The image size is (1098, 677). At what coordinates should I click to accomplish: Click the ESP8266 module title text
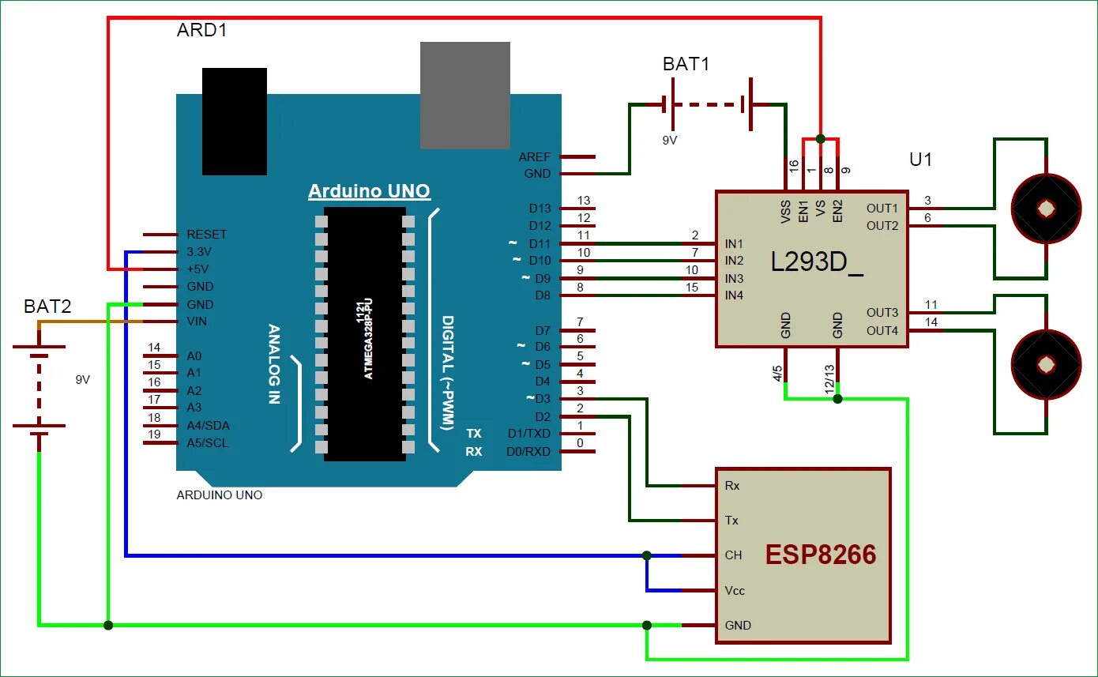tap(821, 555)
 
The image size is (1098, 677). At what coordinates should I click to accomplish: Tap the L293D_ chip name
tap(817, 262)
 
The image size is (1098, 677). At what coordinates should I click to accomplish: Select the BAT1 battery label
tap(686, 64)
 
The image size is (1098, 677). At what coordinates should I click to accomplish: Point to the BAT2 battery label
tap(47, 307)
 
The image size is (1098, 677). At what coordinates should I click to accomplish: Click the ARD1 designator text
tap(203, 31)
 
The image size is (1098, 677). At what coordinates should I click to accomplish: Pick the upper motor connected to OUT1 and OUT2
tap(1046, 209)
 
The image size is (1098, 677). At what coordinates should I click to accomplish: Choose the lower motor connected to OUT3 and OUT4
tap(1046, 364)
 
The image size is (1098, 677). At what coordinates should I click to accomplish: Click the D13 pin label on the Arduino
tap(540, 209)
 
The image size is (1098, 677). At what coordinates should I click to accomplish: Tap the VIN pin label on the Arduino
tap(198, 322)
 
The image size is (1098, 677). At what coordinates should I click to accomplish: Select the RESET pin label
tap(206, 235)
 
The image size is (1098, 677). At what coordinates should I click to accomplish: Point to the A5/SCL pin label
tap(207, 443)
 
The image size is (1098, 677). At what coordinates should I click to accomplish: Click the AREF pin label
tap(535, 157)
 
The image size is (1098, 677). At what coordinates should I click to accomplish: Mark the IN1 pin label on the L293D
tap(734, 244)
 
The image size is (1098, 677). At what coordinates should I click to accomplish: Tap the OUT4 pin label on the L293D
tap(882, 330)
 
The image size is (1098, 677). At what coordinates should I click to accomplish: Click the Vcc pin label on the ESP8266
tap(735, 590)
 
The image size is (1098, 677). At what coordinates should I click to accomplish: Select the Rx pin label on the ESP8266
tap(732, 486)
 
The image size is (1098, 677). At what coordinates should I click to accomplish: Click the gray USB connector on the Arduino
tap(464, 95)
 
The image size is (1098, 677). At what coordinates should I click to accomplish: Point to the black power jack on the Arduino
tap(235, 121)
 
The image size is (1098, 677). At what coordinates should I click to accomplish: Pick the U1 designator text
tap(921, 159)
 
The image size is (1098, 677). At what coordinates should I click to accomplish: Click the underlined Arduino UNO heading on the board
tap(369, 191)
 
